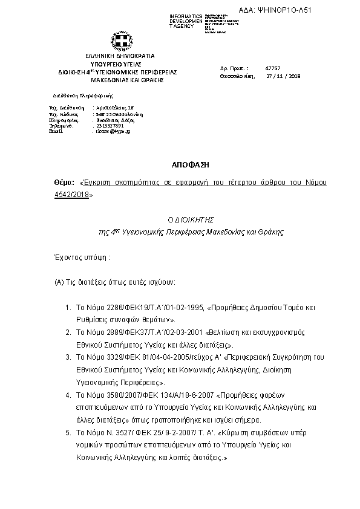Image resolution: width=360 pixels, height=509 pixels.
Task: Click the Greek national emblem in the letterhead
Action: tap(123, 42)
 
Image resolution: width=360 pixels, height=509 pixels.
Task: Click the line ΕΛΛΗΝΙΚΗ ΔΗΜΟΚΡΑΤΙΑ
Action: tap(124, 56)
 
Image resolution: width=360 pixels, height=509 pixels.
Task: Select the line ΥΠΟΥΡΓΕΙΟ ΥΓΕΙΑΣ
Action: tap(123, 63)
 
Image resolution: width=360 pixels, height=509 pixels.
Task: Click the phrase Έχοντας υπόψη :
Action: tap(82, 257)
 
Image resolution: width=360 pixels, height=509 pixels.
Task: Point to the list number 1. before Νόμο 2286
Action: tap(68, 308)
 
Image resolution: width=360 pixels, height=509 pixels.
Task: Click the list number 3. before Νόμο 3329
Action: tap(68, 357)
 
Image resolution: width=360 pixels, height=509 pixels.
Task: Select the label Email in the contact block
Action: tap(55, 131)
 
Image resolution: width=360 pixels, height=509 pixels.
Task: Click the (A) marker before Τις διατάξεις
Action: tap(59, 282)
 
